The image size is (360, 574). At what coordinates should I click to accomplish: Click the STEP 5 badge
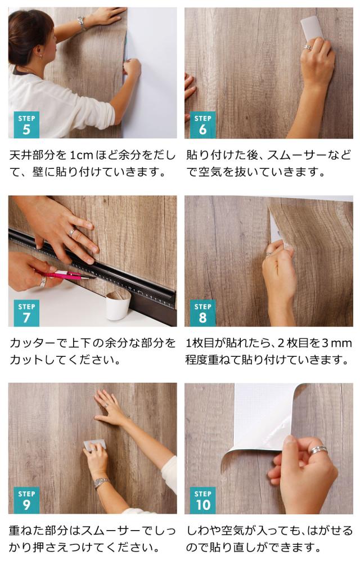(26, 125)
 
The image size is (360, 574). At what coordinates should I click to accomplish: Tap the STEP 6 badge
(202, 125)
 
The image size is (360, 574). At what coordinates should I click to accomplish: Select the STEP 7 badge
(26, 313)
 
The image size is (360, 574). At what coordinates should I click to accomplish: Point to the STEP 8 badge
(202, 313)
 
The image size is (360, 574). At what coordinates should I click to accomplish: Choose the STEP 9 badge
(26, 500)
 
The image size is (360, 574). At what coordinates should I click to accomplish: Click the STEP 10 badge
(202, 500)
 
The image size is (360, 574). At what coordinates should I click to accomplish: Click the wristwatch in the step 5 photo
(82, 23)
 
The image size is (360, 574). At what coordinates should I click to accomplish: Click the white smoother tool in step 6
(310, 28)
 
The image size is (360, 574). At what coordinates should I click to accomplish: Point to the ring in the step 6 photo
(307, 48)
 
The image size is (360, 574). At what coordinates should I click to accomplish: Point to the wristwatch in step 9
(101, 483)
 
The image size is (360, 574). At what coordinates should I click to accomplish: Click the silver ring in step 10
(318, 450)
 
